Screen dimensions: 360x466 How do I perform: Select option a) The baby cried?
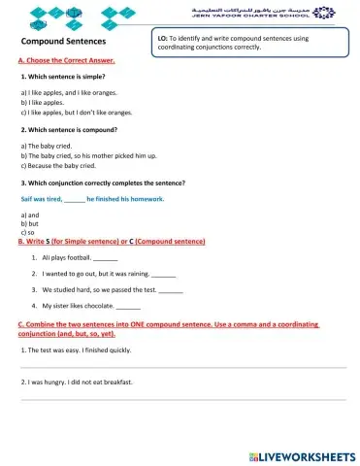pos(49,146)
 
